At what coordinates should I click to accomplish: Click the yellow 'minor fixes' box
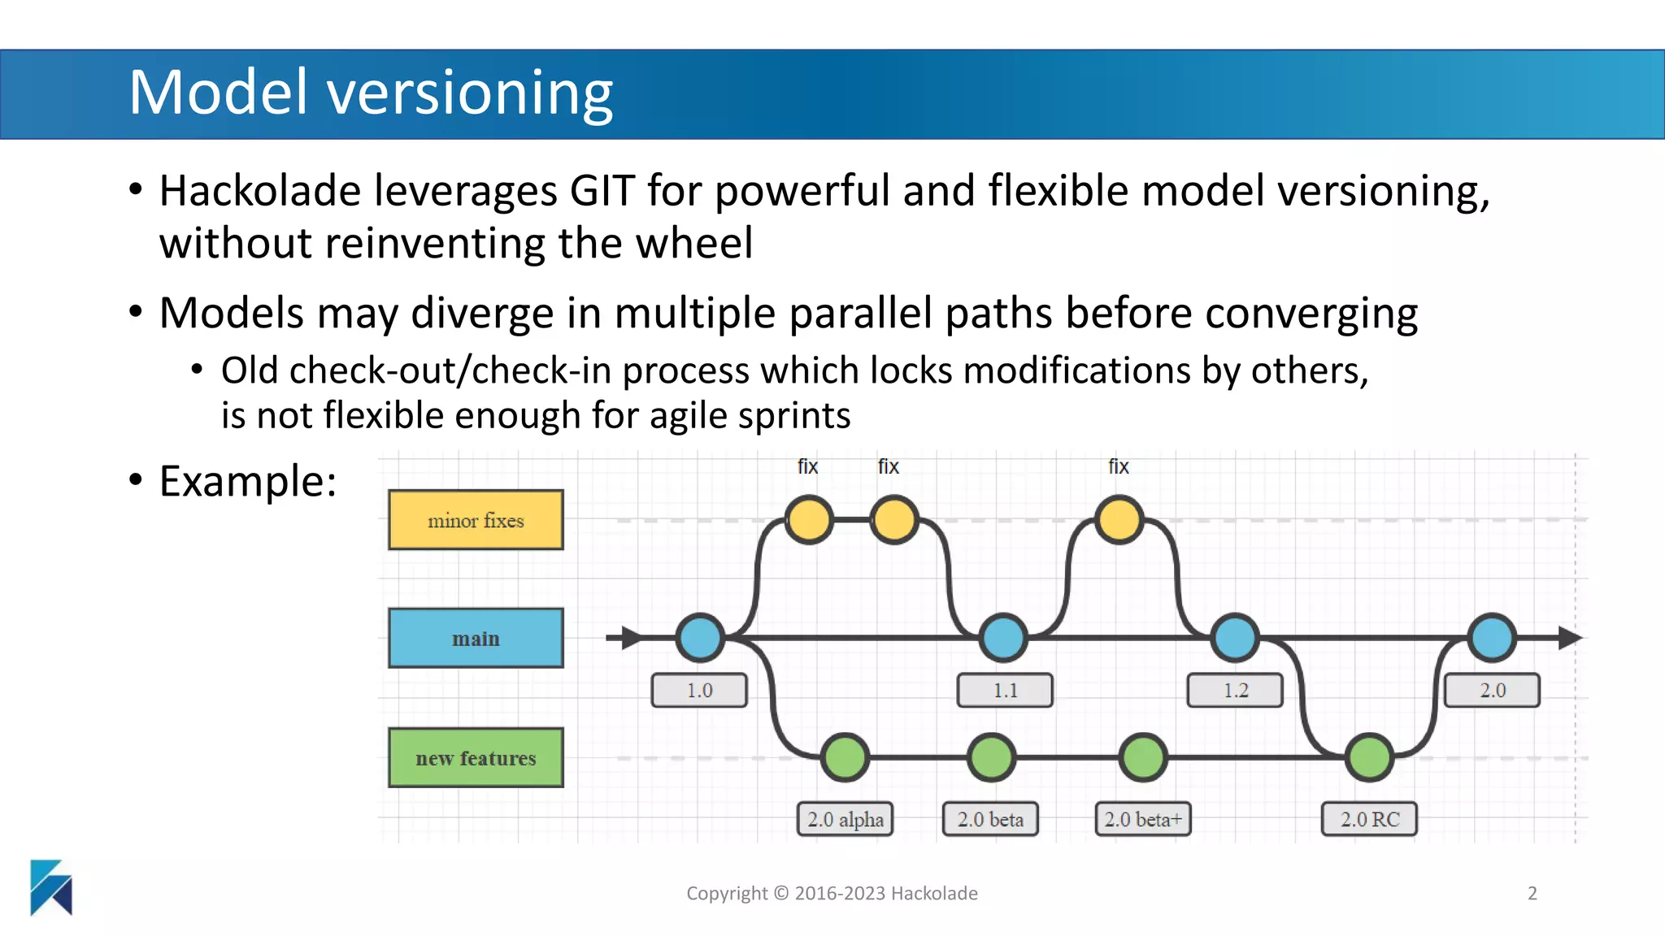coord(476,520)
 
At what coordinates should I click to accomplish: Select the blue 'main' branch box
coord(476,639)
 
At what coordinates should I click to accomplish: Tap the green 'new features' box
coord(476,757)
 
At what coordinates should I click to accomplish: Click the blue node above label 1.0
coord(700,638)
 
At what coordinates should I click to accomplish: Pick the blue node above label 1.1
coord(1002,638)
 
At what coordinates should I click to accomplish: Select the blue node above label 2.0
coord(1492,638)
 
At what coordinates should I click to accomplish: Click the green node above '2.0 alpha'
coord(845,757)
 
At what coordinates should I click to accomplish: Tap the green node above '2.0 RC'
coord(1370,757)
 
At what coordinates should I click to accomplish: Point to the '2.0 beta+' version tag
coord(1142,819)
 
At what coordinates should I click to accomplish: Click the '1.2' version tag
coord(1235,691)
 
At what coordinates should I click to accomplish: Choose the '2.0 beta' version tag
coord(990,819)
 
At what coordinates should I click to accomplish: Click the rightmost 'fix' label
coord(1118,466)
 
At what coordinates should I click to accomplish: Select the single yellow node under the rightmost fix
coord(1119,520)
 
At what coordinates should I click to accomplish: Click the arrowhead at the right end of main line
coord(1569,638)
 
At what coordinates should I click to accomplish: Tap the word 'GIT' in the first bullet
coord(602,192)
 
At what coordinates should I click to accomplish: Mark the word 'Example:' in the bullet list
coord(248,481)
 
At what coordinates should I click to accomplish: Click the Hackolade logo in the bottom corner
coord(51,887)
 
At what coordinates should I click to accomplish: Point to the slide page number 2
coord(1532,894)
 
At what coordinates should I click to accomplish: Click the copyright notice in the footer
coord(832,894)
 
